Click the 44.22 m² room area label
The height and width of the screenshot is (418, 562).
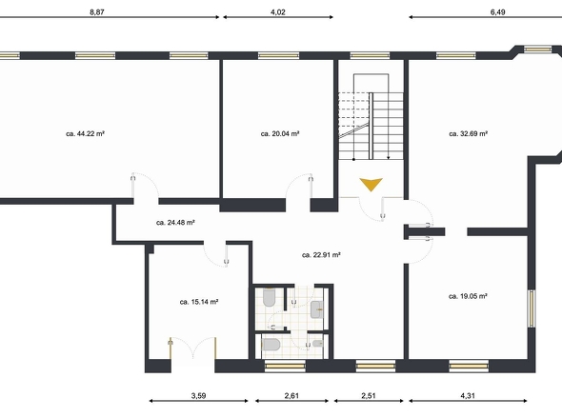point(86,133)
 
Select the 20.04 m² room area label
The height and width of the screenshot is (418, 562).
point(280,133)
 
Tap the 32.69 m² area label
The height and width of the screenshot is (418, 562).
point(468,133)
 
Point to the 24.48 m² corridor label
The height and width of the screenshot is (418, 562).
point(175,223)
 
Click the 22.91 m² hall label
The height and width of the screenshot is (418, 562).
point(321,255)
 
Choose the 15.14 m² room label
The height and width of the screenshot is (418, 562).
point(199,302)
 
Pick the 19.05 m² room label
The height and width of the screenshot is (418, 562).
point(468,296)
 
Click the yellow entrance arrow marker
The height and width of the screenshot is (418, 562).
point(371,184)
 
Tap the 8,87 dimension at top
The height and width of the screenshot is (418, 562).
point(97,11)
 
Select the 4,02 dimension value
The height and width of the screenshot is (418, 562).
point(278,11)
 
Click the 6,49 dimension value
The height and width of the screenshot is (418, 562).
point(498,11)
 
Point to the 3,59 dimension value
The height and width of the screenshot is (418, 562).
point(198,396)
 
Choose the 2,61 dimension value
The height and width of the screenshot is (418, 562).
point(291,396)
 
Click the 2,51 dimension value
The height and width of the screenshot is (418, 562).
point(369,396)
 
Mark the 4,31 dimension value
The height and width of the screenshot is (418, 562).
point(468,396)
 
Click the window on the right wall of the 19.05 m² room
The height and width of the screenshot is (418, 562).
point(532,309)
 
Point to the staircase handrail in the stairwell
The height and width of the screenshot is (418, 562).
point(371,126)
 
